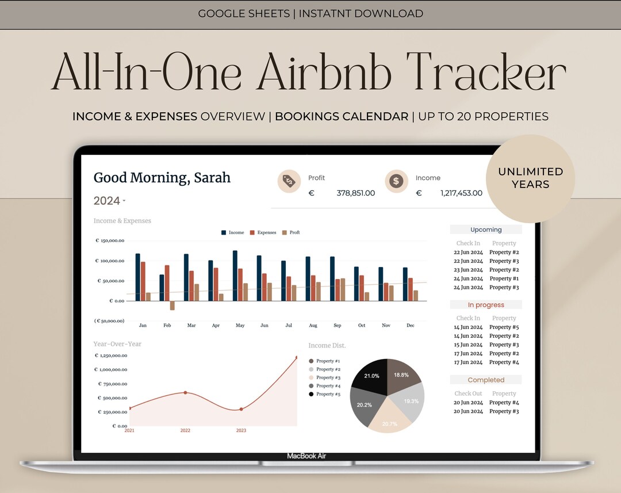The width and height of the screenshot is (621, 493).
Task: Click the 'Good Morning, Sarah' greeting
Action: pyautogui.click(x=162, y=178)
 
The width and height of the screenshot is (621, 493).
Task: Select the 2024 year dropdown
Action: pyautogui.click(x=109, y=201)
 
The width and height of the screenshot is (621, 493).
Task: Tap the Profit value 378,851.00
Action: pyautogui.click(x=355, y=193)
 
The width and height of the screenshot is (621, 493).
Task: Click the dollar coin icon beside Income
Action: pyautogui.click(x=396, y=181)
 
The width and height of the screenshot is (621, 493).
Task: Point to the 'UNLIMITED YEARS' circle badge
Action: pyautogui.click(x=530, y=178)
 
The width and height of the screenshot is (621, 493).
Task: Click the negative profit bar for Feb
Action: pyautogui.click(x=172, y=305)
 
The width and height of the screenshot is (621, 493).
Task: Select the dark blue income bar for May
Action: pyautogui.click(x=235, y=276)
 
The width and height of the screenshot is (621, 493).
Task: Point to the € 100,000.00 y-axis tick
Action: pyautogui.click(x=110, y=261)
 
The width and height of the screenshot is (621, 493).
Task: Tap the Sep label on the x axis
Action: pyautogui.click(x=338, y=326)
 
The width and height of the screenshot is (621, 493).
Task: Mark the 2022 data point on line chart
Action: pyautogui.click(x=185, y=392)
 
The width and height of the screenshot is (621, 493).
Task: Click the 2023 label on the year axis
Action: pyautogui.click(x=241, y=430)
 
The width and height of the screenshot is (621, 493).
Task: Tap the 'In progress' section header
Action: pyautogui.click(x=486, y=305)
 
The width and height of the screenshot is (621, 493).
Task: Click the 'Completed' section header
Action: pyautogui.click(x=486, y=380)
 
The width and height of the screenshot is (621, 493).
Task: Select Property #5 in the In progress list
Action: pyautogui.click(x=504, y=327)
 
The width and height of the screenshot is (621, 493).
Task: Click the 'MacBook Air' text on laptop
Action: pyautogui.click(x=306, y=456)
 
